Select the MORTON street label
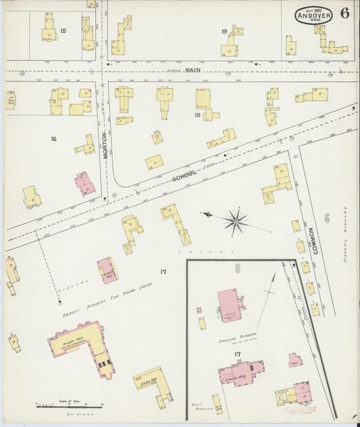[x=105, y=143]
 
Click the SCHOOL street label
[x=184, y=175]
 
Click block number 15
[x=63, y=30]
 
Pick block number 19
[x=223, y=31]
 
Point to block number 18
[x=198, y=116]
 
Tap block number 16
[x=52, y=139]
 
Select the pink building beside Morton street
[x=85, y=182]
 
